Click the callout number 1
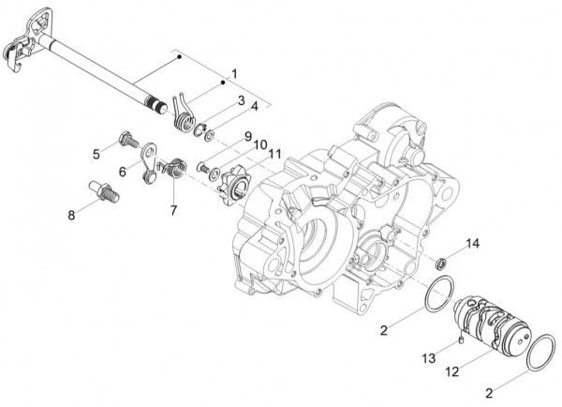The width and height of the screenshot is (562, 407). [x=233, y=73]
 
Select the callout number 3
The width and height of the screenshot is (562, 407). [x=241, y=100]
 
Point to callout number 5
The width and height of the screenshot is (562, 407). [x=96, y=154]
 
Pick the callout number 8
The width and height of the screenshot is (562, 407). [x=72, y=215]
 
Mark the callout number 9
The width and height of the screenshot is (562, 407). [x=247, y=137]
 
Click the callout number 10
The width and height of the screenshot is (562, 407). [x=259, y=145]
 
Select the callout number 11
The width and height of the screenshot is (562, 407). [x=274, y=154]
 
